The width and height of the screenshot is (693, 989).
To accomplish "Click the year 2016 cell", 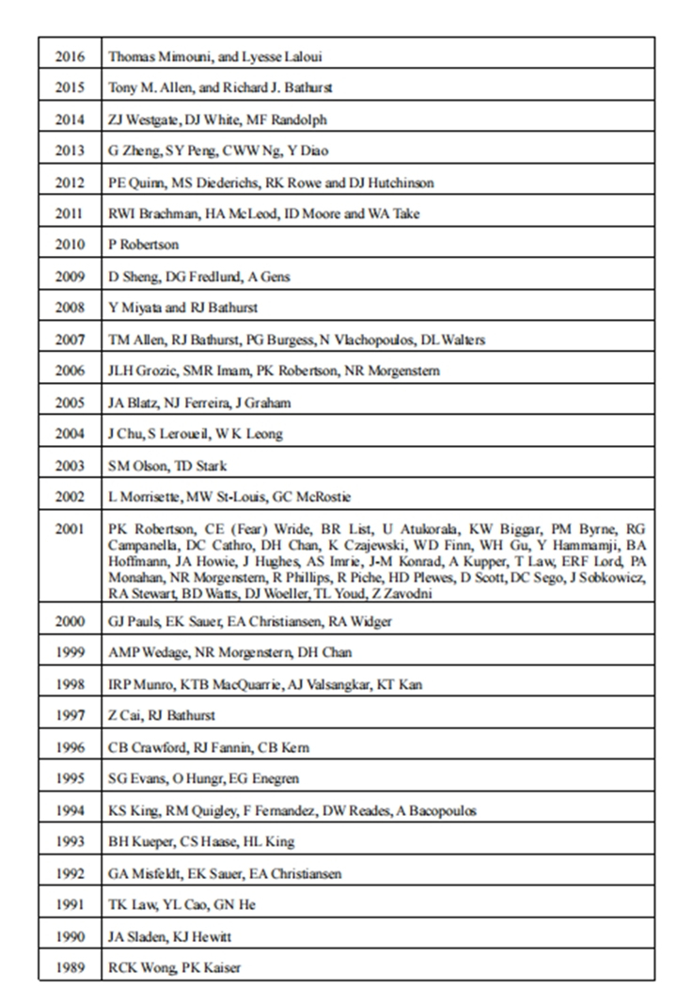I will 70,56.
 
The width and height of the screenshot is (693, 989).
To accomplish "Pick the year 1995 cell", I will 70,778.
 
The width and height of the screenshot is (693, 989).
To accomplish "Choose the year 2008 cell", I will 70,308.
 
